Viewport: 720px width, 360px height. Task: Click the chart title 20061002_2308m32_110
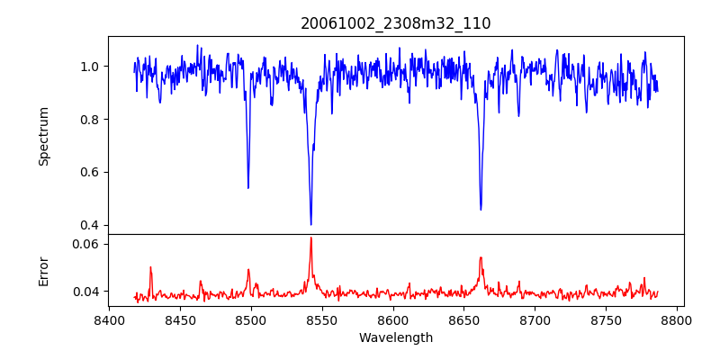click(396, 23)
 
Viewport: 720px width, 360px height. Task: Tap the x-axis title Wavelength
click(396, 337)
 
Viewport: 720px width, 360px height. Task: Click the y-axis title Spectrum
click(43, 136)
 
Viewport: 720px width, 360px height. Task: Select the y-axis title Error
click(43, 270)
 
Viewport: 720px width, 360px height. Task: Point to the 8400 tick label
click(109, 319)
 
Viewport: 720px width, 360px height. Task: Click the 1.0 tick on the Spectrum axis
click(91, 67)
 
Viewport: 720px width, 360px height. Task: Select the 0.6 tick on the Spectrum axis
click(91, 172)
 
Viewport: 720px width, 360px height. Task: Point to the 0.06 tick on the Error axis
click(86, 244)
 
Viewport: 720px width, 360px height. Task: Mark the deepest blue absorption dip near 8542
click(310, 224)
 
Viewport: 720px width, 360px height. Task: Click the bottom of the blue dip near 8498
click(248, 187)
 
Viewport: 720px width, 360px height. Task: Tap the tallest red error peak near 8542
click(310, 238)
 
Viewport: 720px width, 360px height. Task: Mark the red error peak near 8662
click(481, 258)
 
